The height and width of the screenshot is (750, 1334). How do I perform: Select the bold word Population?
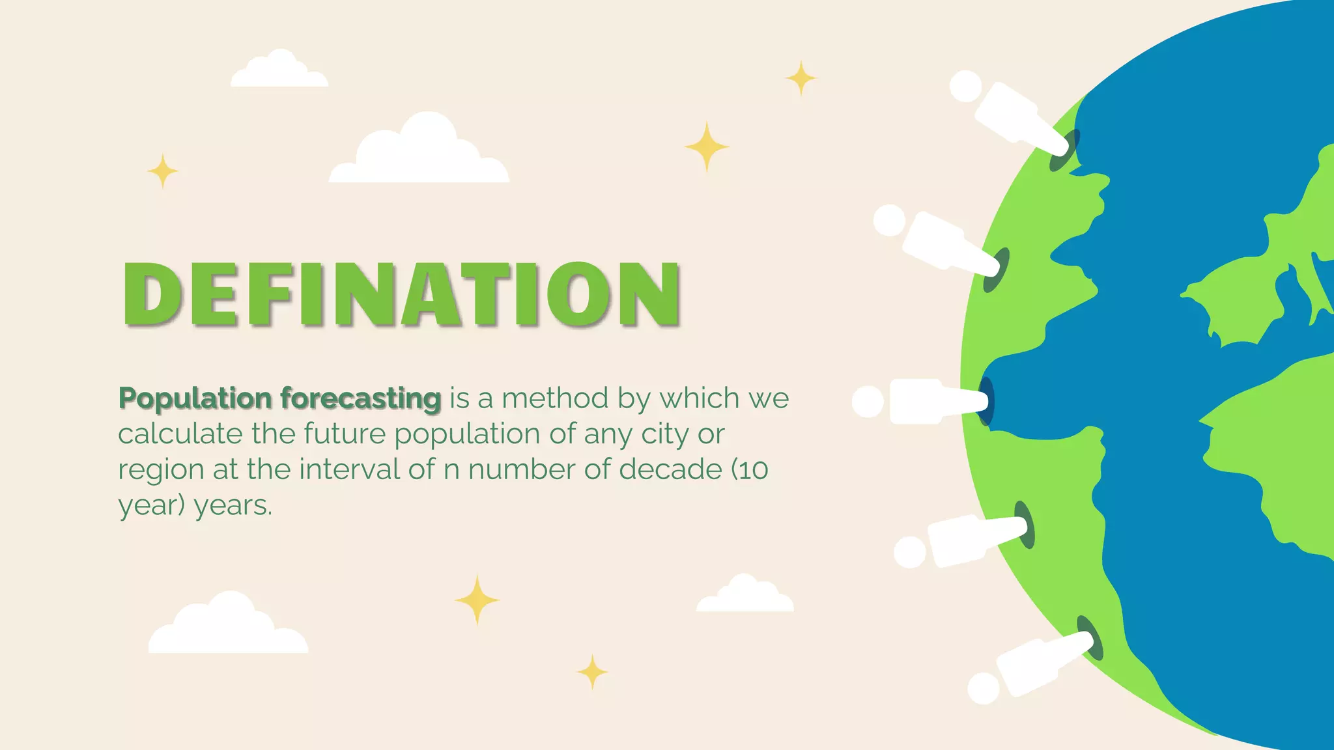(195, 398)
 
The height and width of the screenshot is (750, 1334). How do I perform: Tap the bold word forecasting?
(361, 398)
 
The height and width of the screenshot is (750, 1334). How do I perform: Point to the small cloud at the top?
(279, 70)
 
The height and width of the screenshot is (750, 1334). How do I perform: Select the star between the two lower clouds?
(477, 600)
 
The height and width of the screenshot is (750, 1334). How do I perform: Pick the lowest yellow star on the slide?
(592, 672)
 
